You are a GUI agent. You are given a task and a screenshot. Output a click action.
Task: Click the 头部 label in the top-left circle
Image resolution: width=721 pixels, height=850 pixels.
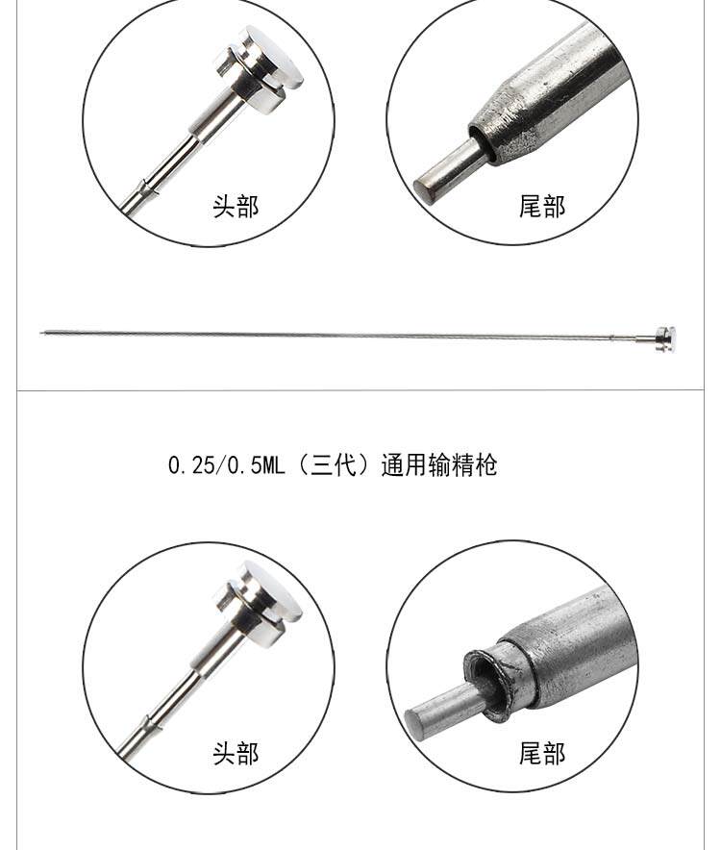(x=236, y=206)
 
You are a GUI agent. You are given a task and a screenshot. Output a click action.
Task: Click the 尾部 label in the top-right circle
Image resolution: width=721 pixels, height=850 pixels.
(x=541, y=206)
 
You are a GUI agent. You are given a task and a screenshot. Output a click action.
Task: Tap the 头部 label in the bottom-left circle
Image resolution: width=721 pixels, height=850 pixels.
(x=236, y=753)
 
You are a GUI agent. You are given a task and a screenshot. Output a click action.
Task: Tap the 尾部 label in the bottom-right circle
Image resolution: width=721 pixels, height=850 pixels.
(x=541, y=753)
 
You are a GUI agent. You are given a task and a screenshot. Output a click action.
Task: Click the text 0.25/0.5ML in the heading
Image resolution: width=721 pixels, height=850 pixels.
(x=227, y=465)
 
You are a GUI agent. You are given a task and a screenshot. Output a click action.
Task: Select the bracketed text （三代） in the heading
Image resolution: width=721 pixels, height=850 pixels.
(x=333, y=465)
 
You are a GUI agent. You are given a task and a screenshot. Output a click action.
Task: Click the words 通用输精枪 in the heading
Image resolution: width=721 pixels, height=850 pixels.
(x=439, y=465)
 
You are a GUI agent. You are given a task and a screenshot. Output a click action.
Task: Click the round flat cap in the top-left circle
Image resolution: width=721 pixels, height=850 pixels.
(x=272, y=57)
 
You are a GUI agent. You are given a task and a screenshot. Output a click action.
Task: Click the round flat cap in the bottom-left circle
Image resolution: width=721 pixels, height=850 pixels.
(x=272, y=592)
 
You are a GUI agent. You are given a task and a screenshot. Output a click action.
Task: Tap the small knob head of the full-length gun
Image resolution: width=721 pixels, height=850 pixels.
(x=665, y=339)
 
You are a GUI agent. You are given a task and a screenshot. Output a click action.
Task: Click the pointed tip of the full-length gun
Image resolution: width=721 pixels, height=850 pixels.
(x=40, y=333)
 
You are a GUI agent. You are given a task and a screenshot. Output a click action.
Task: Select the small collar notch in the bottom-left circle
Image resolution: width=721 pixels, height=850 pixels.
(x=147, y=724)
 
